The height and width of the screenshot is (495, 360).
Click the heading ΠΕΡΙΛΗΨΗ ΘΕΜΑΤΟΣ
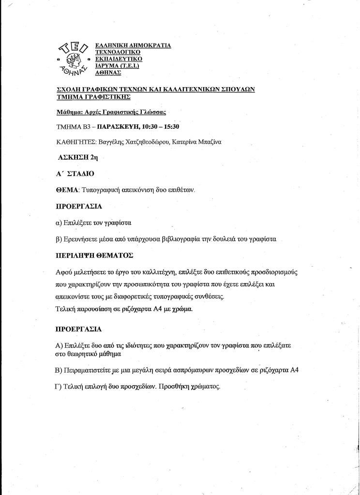(x=94, y=255)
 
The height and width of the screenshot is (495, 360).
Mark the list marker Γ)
(x=60, y=387)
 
